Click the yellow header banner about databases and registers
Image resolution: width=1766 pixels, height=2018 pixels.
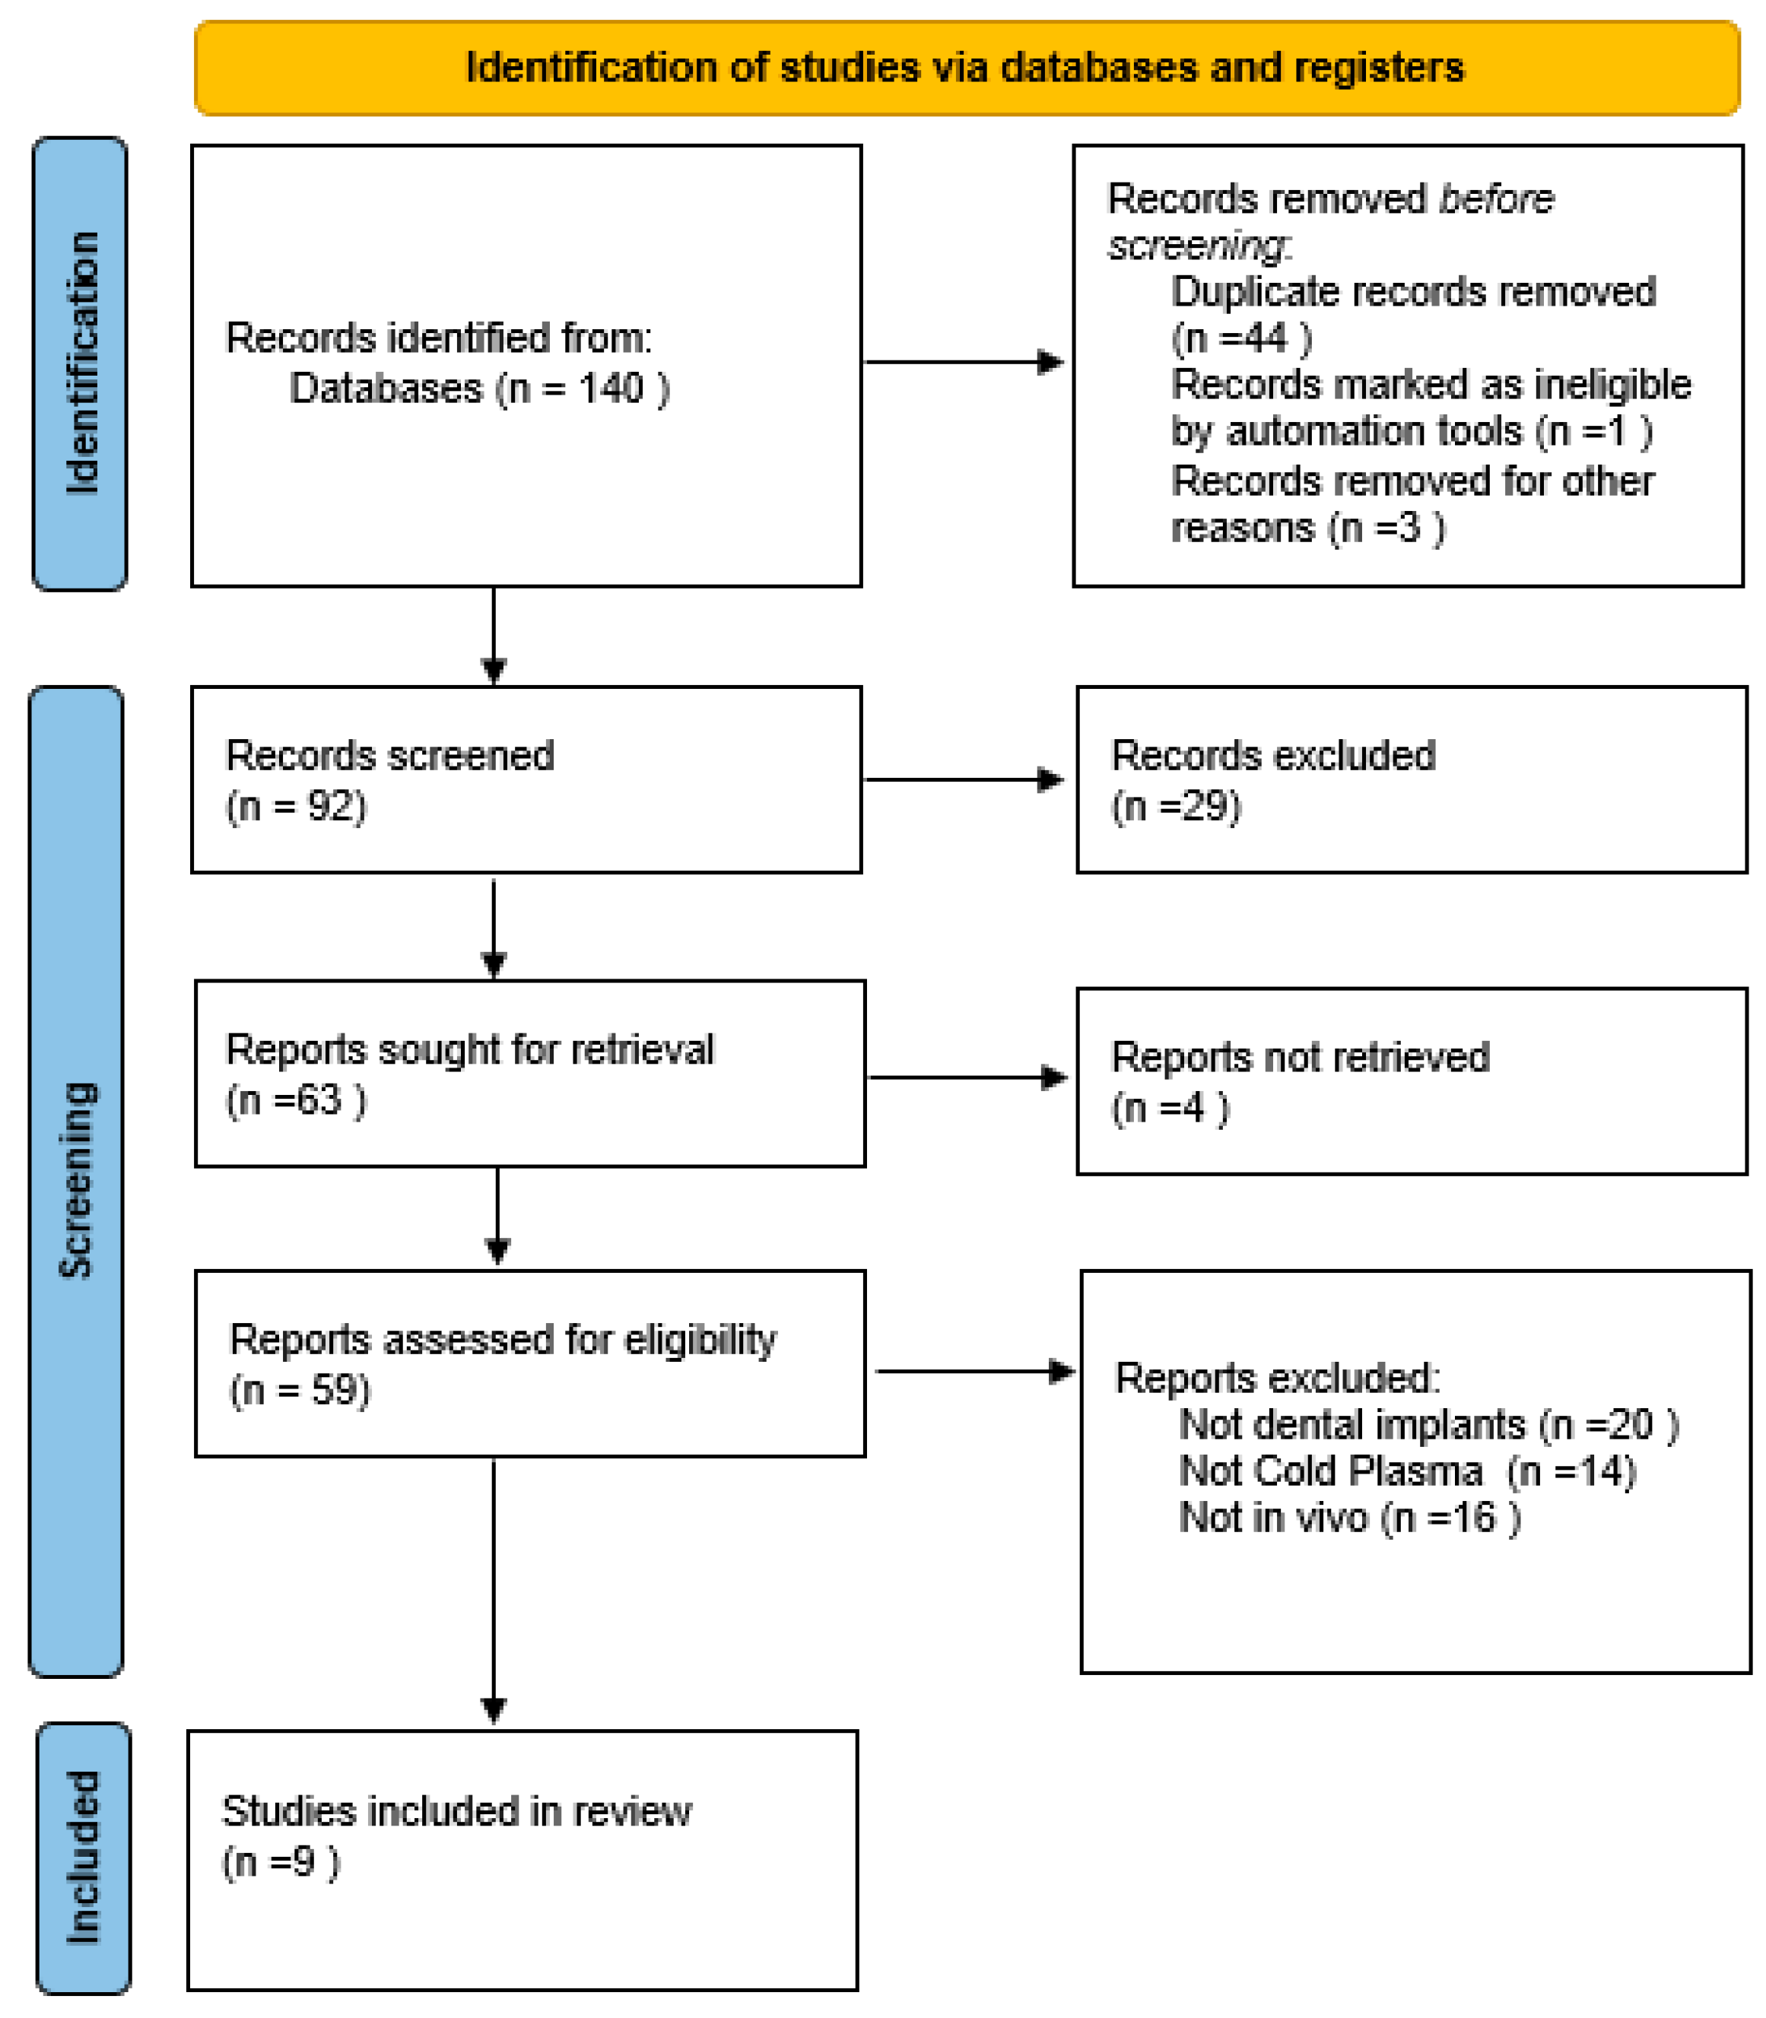[x=966, y=68]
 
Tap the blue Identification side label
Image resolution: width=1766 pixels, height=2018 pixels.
[x=80, y=363]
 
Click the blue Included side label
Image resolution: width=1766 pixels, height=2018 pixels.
[x=83, y=1858]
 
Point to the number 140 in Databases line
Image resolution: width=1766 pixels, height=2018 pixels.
[x=611, y=389]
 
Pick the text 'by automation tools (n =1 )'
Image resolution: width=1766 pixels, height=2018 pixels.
[x=1412, y=430]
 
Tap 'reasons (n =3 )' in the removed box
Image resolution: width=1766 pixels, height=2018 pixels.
[x=1307, y=528]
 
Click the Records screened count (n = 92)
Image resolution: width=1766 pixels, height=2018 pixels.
[x=296, y=806]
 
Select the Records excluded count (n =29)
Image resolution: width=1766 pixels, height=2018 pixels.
[x=1176, y=806]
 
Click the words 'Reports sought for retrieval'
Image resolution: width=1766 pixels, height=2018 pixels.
[x=469, y=1049]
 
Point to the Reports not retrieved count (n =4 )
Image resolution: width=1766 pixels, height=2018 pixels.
[x=1170, y=1108]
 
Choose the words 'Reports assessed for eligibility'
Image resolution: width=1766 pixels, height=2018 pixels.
[x=503, y=1339]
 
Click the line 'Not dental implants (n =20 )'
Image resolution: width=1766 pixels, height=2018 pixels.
[x=1428, y=1425]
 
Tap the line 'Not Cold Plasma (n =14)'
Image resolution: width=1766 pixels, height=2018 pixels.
[x=1406, y=1471]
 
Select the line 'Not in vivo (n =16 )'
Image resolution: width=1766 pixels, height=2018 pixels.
[x=1349, y=1518]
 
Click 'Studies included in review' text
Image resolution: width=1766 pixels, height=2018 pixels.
[x=456, y=1811]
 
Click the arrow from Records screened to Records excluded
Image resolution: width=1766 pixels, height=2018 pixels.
[x=963, y=780]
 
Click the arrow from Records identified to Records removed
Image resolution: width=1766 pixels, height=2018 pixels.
[x=963, y=362]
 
